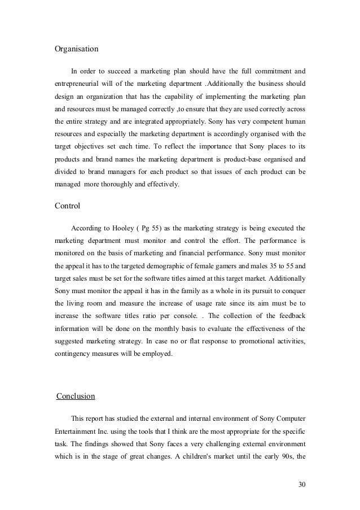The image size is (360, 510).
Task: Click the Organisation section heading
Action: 76,49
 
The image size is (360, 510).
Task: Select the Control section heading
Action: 67,206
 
